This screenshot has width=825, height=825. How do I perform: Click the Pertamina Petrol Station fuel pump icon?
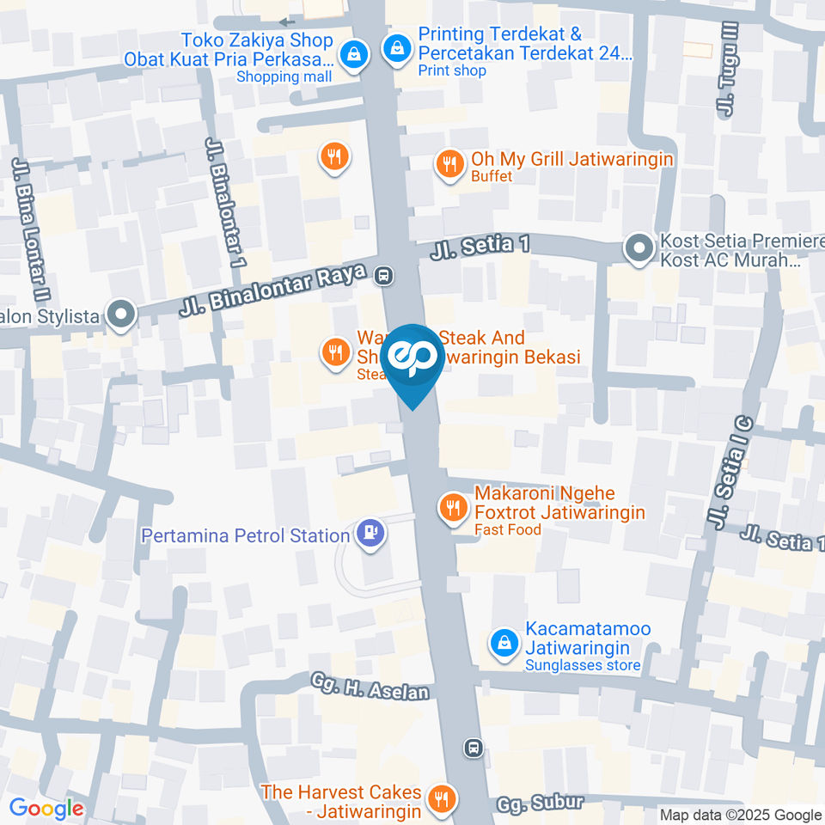[x=370, y=534]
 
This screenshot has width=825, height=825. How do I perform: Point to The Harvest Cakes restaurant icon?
[x=443, y=798]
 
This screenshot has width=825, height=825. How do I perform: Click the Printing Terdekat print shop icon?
[x=398, y=48]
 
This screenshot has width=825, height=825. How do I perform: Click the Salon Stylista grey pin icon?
[x=121, y=315]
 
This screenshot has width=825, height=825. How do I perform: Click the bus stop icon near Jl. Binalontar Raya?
[x=384, y=275]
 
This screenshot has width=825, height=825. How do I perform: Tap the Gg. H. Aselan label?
[x=370, y=686]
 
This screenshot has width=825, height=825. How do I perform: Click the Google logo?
[x=46, y=808]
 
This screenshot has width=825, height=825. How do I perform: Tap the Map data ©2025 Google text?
[x=740, y=815]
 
